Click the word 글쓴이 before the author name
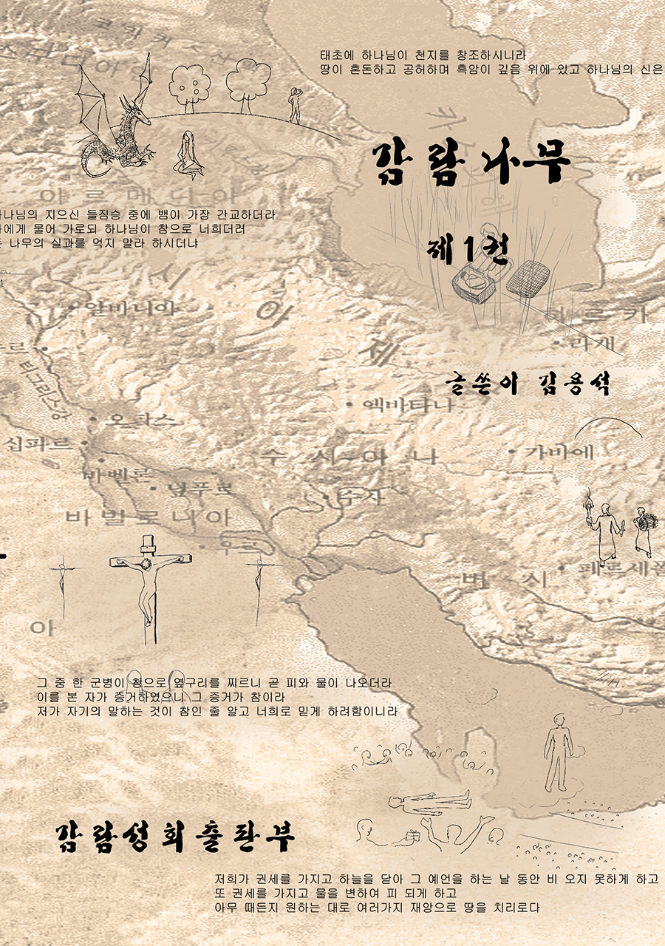[485, 385]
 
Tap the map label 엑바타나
[406, 405]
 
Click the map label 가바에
[560, 451]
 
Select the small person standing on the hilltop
[295, 104]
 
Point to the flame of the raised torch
[590, 494]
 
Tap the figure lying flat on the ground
[429, 800]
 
